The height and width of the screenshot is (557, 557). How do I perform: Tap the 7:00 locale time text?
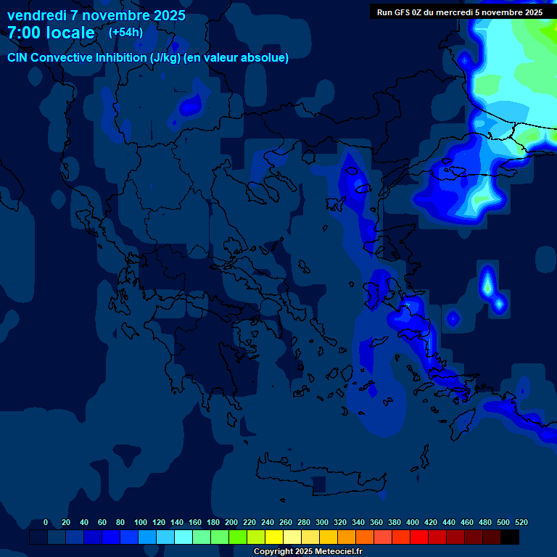pyautogui.click(x=51, y=33)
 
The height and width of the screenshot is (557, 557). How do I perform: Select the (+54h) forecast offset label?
pyautogui.click(x=125, y=32)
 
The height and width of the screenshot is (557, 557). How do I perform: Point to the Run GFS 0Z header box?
pyautogui.click(x=460, y=12)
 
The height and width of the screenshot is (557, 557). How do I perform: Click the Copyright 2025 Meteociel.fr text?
pyautogui.click(x=308, y=552)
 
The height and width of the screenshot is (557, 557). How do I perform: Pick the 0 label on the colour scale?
pyautogui.click(x=46, y=522)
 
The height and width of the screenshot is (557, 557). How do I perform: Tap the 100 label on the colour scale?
pyautogui.click(x=141, y=522)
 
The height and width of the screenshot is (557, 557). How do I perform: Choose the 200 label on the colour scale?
pyautogui.click(x=231, y=522)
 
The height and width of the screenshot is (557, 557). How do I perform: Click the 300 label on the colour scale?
pyautogui.click(x=322, y=522)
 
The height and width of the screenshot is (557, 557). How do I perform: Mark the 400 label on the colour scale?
pyautogui.click(x=413, y=522)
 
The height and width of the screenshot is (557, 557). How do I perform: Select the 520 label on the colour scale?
pyautogui.click(x=521, y=522)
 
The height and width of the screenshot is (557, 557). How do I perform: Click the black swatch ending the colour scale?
pyautogui.click(x=510, y=537)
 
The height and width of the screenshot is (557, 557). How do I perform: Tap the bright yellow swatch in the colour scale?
pyautogui.click(x=274, y=537)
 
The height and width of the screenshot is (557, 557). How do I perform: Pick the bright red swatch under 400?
pyautogui.click(x=419, y=537)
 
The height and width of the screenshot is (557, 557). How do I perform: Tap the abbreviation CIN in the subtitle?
pyautogui.click(x=18, y=58)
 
